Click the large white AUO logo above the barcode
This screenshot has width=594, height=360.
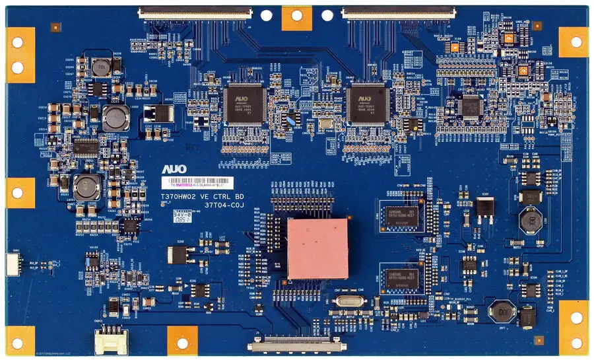point(174,170)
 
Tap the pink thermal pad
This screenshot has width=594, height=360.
point(317,248)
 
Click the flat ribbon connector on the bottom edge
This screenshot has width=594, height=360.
point(297,344)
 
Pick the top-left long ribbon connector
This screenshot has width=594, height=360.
point(195,12)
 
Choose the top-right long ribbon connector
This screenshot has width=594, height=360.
point(398,12)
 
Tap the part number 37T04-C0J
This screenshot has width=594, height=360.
point(224,205)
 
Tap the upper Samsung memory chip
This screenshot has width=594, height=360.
point(400,215)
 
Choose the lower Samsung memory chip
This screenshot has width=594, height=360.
point(400,278)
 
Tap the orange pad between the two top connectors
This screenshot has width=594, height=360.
point(297,18)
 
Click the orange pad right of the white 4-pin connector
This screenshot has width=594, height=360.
point(182,340)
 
